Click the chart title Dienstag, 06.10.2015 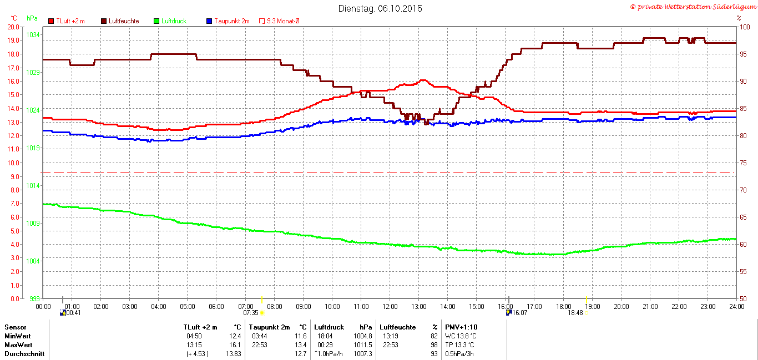380,8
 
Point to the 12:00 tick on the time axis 390,306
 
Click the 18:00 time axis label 563,306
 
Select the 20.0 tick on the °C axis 12,27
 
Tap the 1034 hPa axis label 33,35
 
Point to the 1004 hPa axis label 33,261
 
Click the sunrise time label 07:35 251,313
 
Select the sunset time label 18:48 575,313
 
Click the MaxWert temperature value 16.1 235,344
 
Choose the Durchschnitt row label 24,353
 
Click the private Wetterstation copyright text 693,7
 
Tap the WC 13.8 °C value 460,336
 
